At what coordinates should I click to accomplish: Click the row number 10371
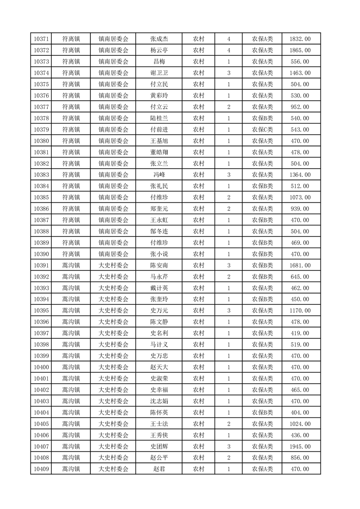point(41,39)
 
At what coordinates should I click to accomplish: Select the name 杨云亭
point(159,50)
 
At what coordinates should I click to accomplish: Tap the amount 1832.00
point(300,39)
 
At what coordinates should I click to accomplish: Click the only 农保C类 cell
point(262,130)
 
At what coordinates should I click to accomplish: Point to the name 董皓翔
point(159,152)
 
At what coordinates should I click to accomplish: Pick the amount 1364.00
point(300,175)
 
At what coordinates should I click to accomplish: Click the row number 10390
point(41,254)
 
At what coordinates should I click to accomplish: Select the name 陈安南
point(159,265)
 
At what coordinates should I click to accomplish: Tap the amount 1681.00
point(300,265)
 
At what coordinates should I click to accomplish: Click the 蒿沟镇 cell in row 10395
point(71,311)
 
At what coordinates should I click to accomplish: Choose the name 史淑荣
point(159,378)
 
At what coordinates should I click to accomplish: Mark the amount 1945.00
point(300,446)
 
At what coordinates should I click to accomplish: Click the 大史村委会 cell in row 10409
point(113,469)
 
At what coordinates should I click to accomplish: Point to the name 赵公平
point(159,458)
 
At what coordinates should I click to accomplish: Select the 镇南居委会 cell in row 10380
point(113,141)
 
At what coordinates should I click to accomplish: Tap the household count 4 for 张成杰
point(228,39)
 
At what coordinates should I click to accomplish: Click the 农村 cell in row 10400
point(198,367)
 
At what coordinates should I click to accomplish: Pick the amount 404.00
point(300,412)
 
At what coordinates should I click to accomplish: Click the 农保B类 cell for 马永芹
point(262,277)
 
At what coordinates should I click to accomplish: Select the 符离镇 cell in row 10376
point(71,96)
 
